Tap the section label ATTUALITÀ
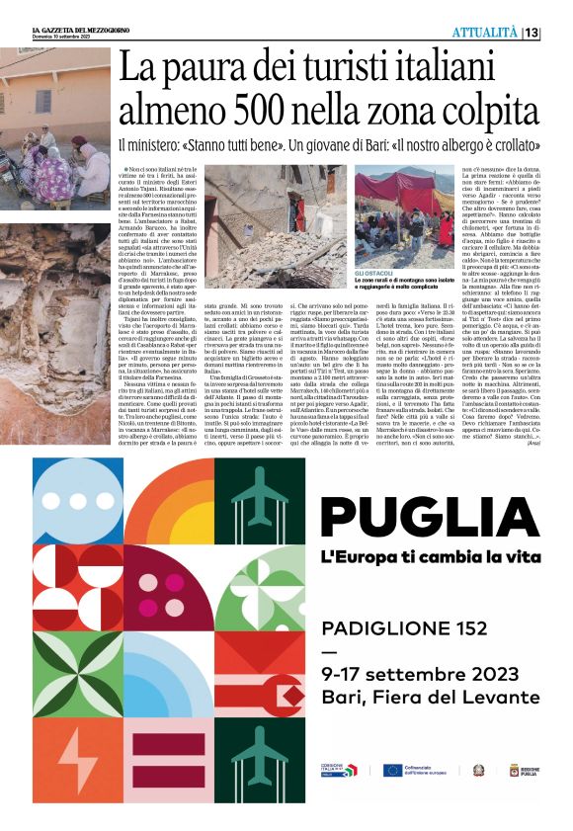tap(485, 33)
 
